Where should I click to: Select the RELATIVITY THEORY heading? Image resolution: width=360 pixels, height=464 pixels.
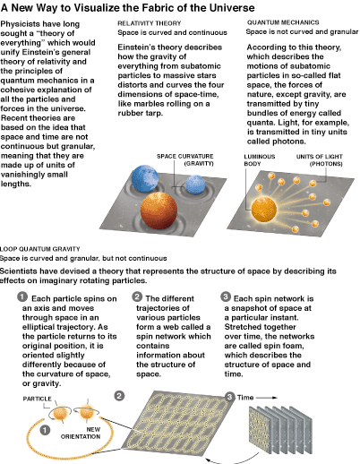tap(150, 23)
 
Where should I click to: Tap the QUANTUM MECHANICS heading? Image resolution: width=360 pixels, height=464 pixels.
tap(283, 22)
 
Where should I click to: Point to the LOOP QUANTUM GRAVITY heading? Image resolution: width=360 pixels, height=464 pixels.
tap(40, 249)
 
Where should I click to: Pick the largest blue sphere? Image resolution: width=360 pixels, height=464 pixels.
tap(145, 179)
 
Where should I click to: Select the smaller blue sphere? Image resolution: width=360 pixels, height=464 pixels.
tap(195, 185)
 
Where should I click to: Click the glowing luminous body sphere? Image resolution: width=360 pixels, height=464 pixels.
tap(264, 209)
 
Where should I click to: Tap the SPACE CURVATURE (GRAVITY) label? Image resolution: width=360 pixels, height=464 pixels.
tap(185, 159)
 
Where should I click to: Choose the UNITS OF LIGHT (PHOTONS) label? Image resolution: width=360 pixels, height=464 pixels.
tap(320, 160)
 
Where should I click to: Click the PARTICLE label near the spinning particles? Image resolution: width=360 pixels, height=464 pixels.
tap(38, 399)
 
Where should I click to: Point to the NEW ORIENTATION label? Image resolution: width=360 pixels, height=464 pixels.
tap(81, 433)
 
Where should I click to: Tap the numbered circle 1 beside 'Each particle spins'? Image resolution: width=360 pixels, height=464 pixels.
tap(22, 297)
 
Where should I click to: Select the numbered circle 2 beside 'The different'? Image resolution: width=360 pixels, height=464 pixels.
tap(137, 296)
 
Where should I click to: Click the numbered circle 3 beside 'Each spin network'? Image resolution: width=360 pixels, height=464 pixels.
tap(226, 296)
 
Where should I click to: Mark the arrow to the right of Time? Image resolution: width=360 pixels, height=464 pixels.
tap(267, 398)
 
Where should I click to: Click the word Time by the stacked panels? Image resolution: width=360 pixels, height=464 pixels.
tap(245, 398)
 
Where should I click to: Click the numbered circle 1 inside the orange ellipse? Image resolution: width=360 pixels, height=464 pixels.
tap(45, 430)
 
